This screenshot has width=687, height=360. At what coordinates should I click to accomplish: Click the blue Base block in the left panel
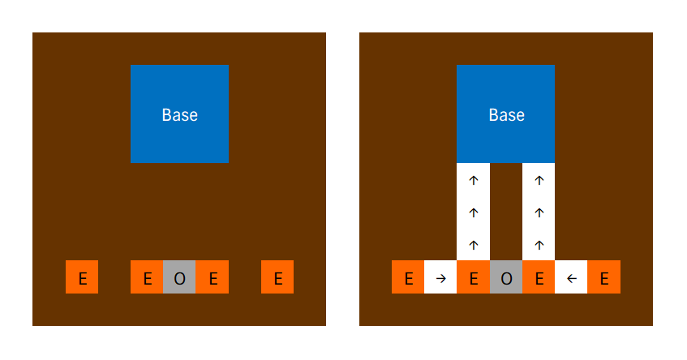tap(179, 114)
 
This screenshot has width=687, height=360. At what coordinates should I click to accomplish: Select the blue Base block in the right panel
tap(506, 114)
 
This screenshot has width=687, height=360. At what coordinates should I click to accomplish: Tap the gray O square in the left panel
tap(179, 277)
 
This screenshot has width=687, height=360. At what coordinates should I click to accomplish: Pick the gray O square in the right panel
tap(506, 277)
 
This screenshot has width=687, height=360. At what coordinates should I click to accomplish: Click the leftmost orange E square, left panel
tap(82, 277)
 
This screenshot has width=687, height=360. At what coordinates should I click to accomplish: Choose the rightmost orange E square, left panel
tap(277, 277)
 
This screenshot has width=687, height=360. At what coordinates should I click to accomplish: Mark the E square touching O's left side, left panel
tap(147, 277)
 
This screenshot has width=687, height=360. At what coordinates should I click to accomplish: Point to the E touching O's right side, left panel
tap(213, 277)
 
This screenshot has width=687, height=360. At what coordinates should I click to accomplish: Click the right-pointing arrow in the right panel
tap(440, 278)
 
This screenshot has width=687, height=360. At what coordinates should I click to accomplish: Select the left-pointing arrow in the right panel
tap(571, 278)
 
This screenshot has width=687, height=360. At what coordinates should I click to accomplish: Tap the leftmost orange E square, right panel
tap(408, 277)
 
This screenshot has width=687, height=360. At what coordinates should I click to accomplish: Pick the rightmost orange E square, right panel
tap(604, 277)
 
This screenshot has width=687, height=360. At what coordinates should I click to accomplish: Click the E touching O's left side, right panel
tap(473, 277)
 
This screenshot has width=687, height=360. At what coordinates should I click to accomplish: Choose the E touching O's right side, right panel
tap(539, 277)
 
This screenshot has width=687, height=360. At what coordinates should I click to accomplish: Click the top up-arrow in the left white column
tap(474, 180)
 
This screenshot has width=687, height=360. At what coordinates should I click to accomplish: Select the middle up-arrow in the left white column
tap(474, 212)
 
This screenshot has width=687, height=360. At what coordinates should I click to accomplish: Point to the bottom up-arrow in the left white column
tap(474, 244)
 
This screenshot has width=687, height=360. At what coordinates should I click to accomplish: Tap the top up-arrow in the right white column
tap(539, 180)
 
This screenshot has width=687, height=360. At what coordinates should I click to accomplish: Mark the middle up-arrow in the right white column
tap(539, 212)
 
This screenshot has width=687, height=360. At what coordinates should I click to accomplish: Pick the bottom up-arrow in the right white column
tap(539, 244)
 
